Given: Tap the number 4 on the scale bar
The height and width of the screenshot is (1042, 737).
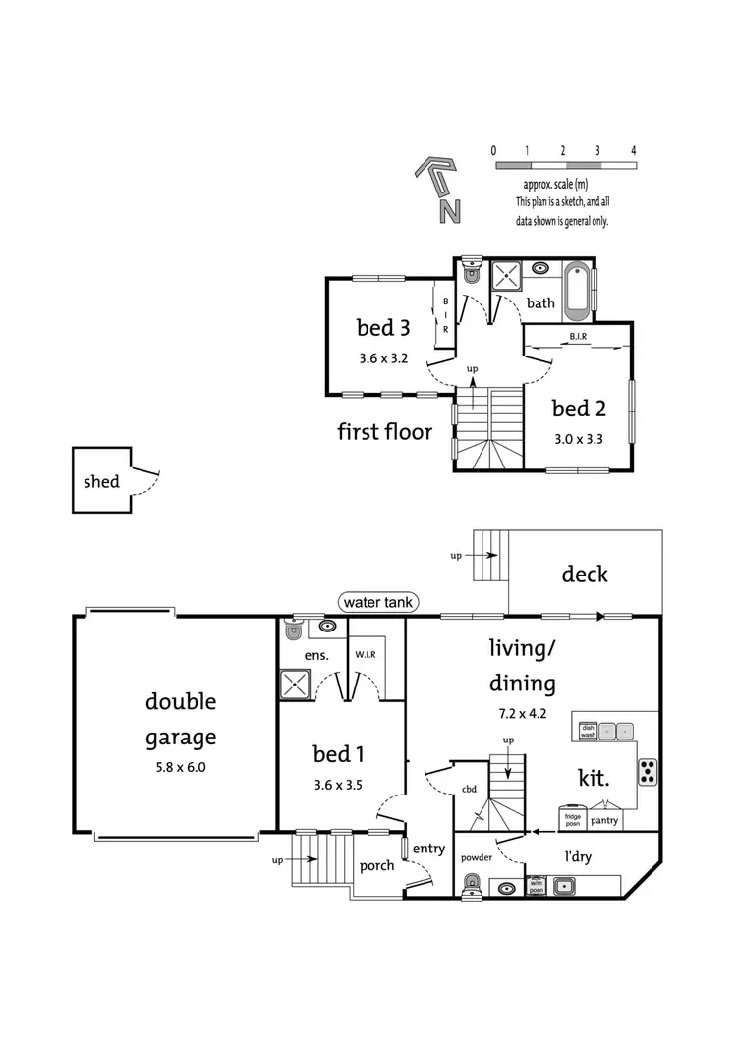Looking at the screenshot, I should [634, 150].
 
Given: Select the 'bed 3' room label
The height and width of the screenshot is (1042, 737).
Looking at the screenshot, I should [381, 327].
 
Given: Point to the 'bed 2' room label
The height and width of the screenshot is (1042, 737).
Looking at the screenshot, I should [577, 408].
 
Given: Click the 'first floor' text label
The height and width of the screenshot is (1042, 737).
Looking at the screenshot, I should [384, 431].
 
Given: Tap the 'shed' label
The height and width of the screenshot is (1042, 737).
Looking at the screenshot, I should [101, 481].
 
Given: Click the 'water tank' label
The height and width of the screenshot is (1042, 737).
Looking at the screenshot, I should [379, 600].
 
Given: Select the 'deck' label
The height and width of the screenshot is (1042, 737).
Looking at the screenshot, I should [584, 574].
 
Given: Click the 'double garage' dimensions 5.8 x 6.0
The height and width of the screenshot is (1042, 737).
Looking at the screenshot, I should [181, 767].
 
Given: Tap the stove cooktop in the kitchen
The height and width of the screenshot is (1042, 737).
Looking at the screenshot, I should [649, 772].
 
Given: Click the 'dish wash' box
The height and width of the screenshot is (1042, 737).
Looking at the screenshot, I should [588, 731].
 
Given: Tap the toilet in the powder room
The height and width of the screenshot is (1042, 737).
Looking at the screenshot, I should [472, 881].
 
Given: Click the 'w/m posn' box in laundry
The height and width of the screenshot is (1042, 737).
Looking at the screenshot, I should [536, 885].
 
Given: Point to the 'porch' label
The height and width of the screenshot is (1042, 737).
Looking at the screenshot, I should [376, 865].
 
